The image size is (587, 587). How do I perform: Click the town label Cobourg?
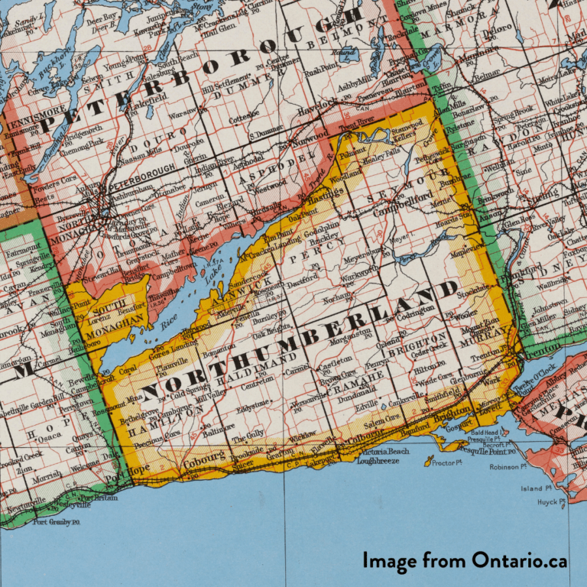click(202, 456)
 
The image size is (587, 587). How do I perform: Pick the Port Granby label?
click(56, 522)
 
